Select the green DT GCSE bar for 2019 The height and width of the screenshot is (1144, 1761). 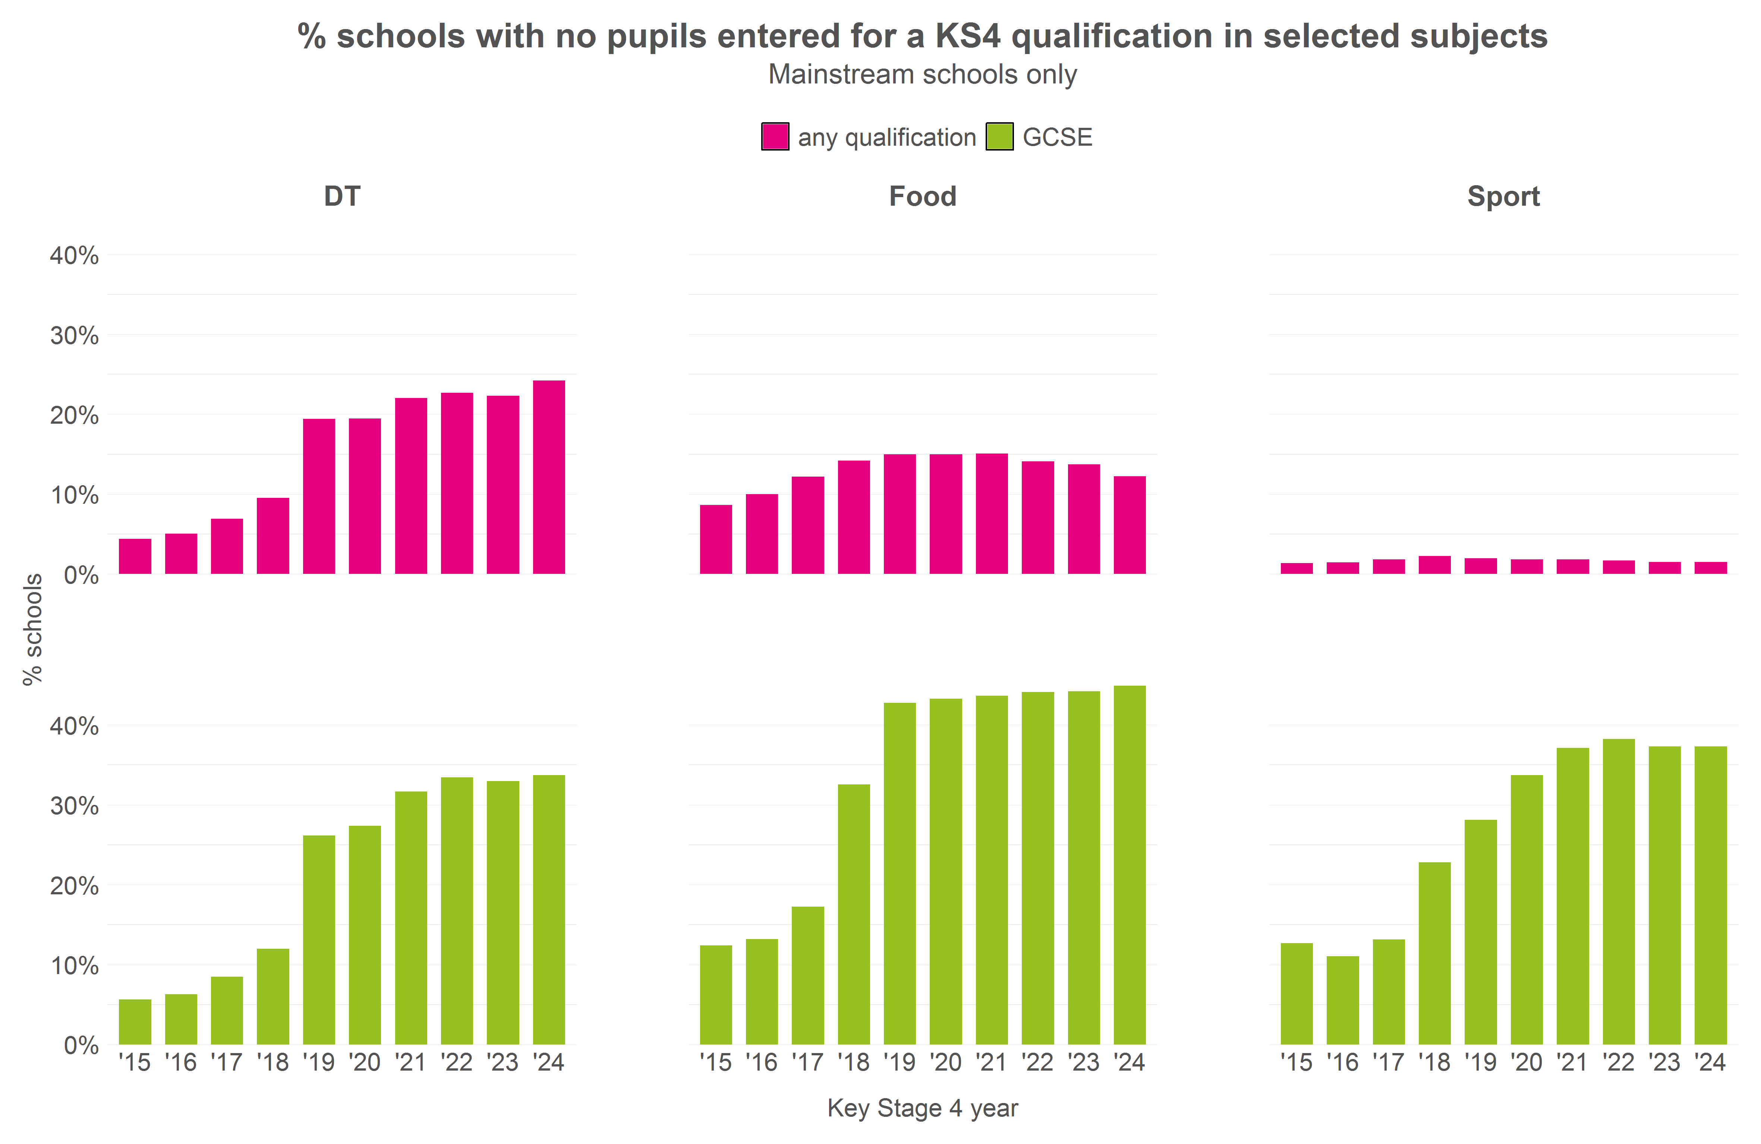pyautogui.click(x=319, y=939)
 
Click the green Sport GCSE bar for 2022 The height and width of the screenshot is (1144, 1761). pyautogui.click(x=1619, y=891)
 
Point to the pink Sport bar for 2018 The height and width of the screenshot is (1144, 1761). pyautogui.click(x=1435, y=565)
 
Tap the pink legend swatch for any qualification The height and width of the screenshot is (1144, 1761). pyautogui.click(x=775, y=137)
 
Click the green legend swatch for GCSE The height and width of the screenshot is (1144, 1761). pyautogui.click(x=999, y=137)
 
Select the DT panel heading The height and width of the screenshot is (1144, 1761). pyautogui.click(x=342, y=197)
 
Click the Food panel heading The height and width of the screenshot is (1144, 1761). pyautogui.click(x=923, y=197)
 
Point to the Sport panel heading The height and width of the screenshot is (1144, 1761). pyautogui.click(x=1503, y=197)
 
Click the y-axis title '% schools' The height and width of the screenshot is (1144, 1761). pyautogui.click(x=32, y=629)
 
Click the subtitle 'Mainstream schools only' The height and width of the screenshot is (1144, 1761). pyautogui.click(x=923, y=75)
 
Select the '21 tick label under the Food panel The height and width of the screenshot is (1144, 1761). pyautogui.click(x=992, y=1063)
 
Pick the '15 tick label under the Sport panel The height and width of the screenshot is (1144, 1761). pyautogui.click(x=1296, y=1063)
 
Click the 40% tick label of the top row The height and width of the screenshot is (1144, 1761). pyautogui.click(x=74, y=256)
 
